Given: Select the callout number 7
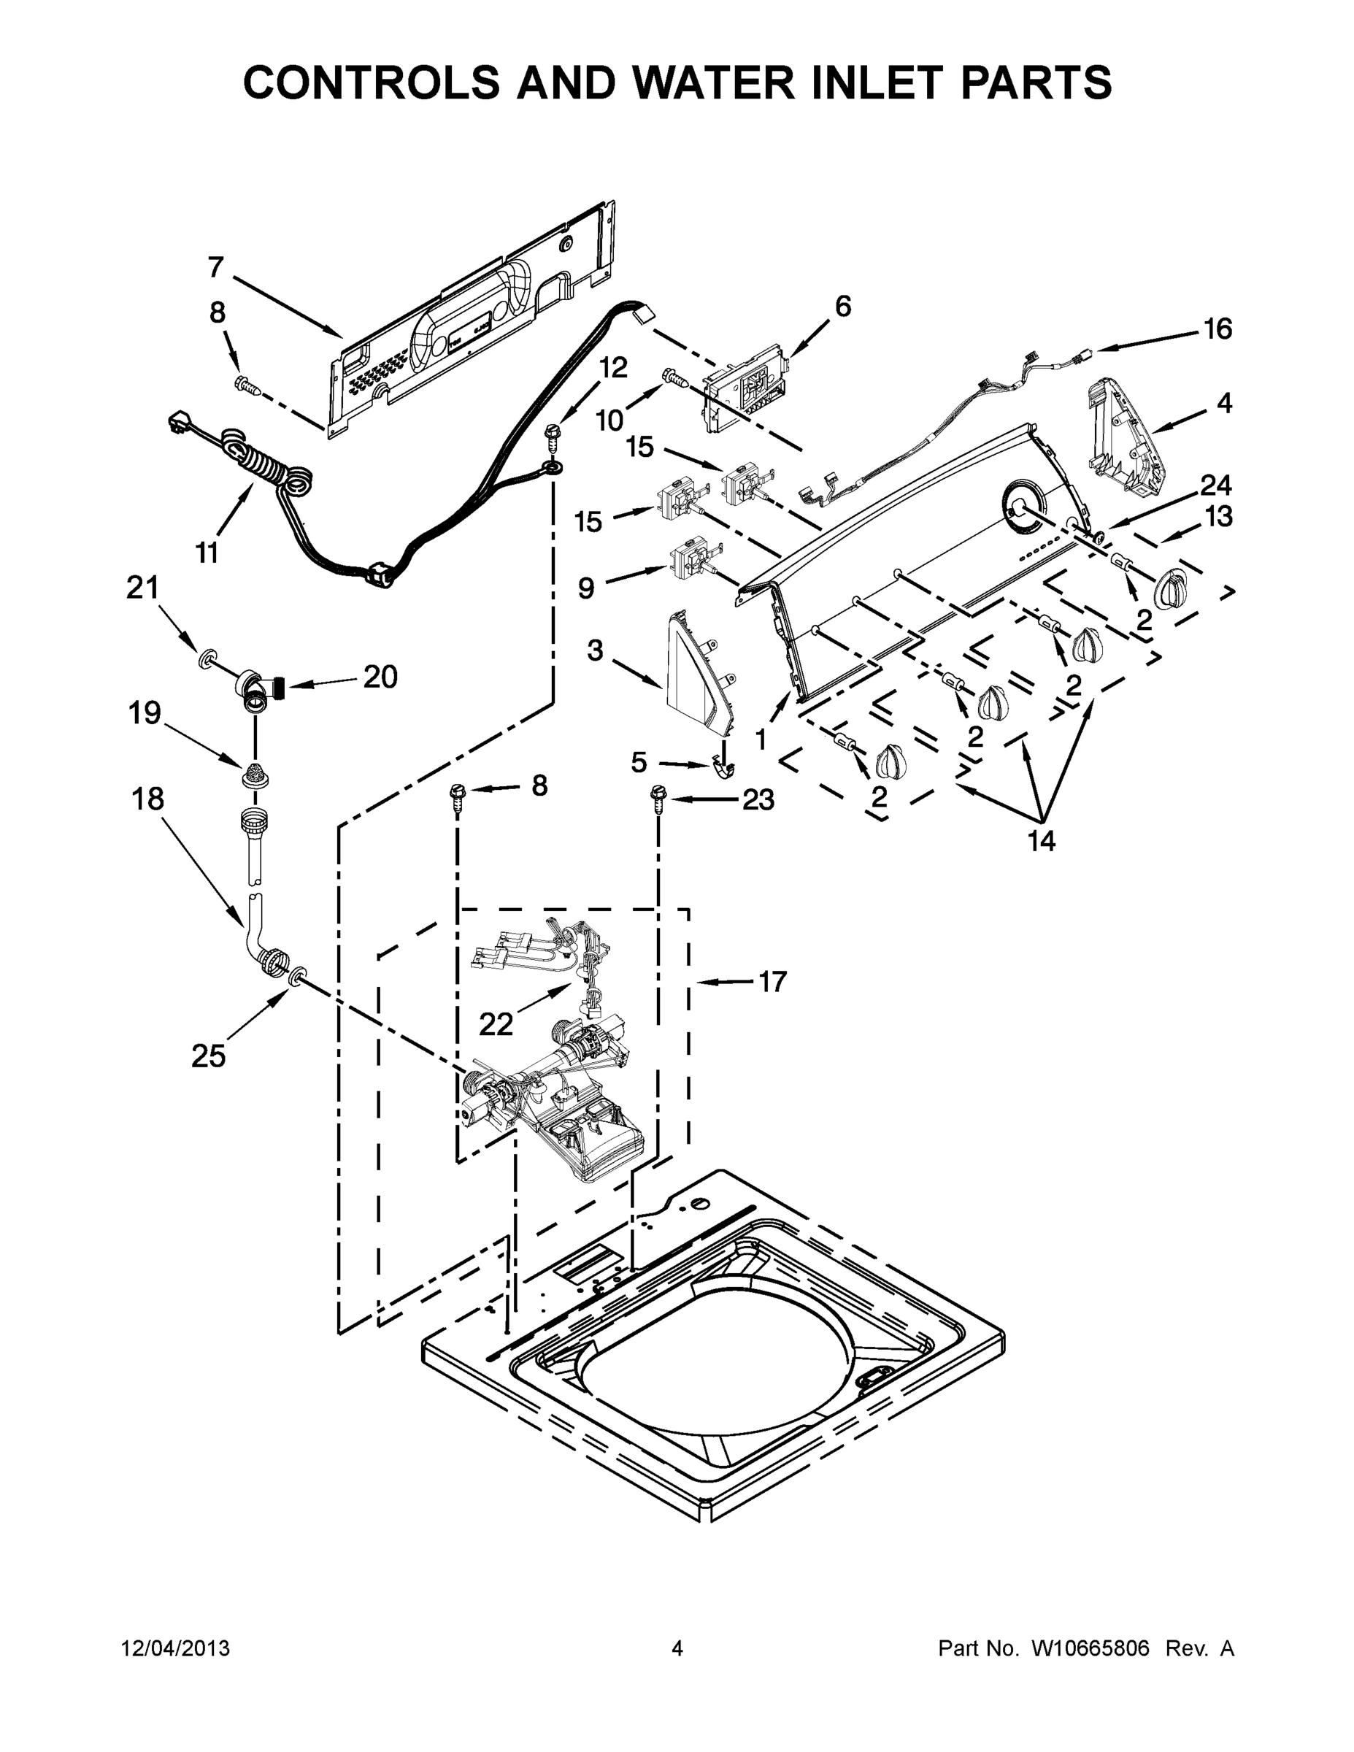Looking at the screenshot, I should tap(215, 267).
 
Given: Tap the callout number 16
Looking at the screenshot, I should tap(1218, 329).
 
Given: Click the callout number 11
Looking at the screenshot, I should tap(207, 553).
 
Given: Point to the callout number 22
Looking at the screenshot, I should tap(496, 1023).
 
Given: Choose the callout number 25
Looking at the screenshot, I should tap(209, 1056).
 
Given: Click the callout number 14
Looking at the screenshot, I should tap(1041, 840).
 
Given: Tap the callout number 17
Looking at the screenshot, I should tap(772, 981).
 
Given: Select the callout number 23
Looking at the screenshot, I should tap(758, 799).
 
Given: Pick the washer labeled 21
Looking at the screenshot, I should tap(207, 660).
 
